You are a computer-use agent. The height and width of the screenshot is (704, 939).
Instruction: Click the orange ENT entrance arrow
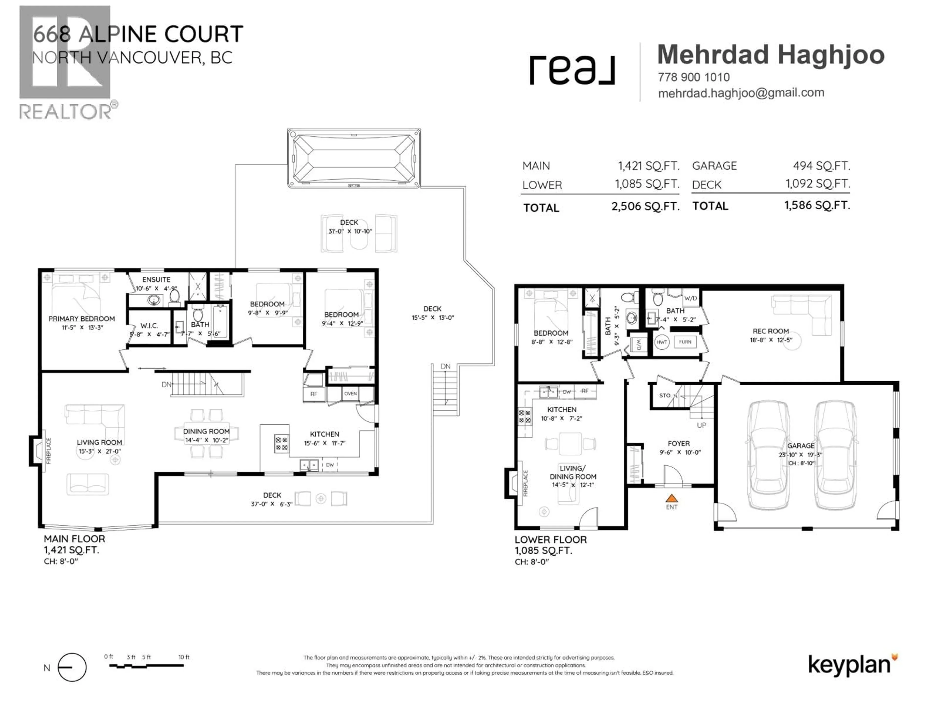pyautogui.click(x=671, y=498)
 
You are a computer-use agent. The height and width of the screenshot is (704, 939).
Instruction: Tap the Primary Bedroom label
pyautogui.click(x=81, y=319)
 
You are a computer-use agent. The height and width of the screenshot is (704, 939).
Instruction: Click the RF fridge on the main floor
pyautogui.click(x=314, y=394)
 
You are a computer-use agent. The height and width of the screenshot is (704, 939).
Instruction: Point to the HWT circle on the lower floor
pyautogui.click(x=662, y=342)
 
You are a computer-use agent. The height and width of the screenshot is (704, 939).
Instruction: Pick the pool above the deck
pyautogui.click(x=354, y=158)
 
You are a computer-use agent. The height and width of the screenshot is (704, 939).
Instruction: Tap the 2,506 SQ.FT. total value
pyautogui.click(x=645, y=207)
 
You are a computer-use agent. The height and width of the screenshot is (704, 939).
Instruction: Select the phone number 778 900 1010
pyautogui.click(x=694, y=77)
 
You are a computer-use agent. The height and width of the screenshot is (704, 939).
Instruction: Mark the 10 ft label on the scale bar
pyautogui.click(x=184, y=657)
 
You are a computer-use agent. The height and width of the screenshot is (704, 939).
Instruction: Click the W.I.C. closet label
pyautogui.click(x=149, y=326)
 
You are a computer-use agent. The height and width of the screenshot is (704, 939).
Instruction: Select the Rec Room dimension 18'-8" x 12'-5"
pyautogui.click(x=771, y=340)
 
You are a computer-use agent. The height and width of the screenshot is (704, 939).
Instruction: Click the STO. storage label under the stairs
pyautogui.click(x=665, y=396)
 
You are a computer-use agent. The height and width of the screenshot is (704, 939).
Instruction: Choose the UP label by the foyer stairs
pyautogui.click(x=701, y=425)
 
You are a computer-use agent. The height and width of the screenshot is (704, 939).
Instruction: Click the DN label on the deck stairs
pyautogui.click(x=445, y=366)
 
